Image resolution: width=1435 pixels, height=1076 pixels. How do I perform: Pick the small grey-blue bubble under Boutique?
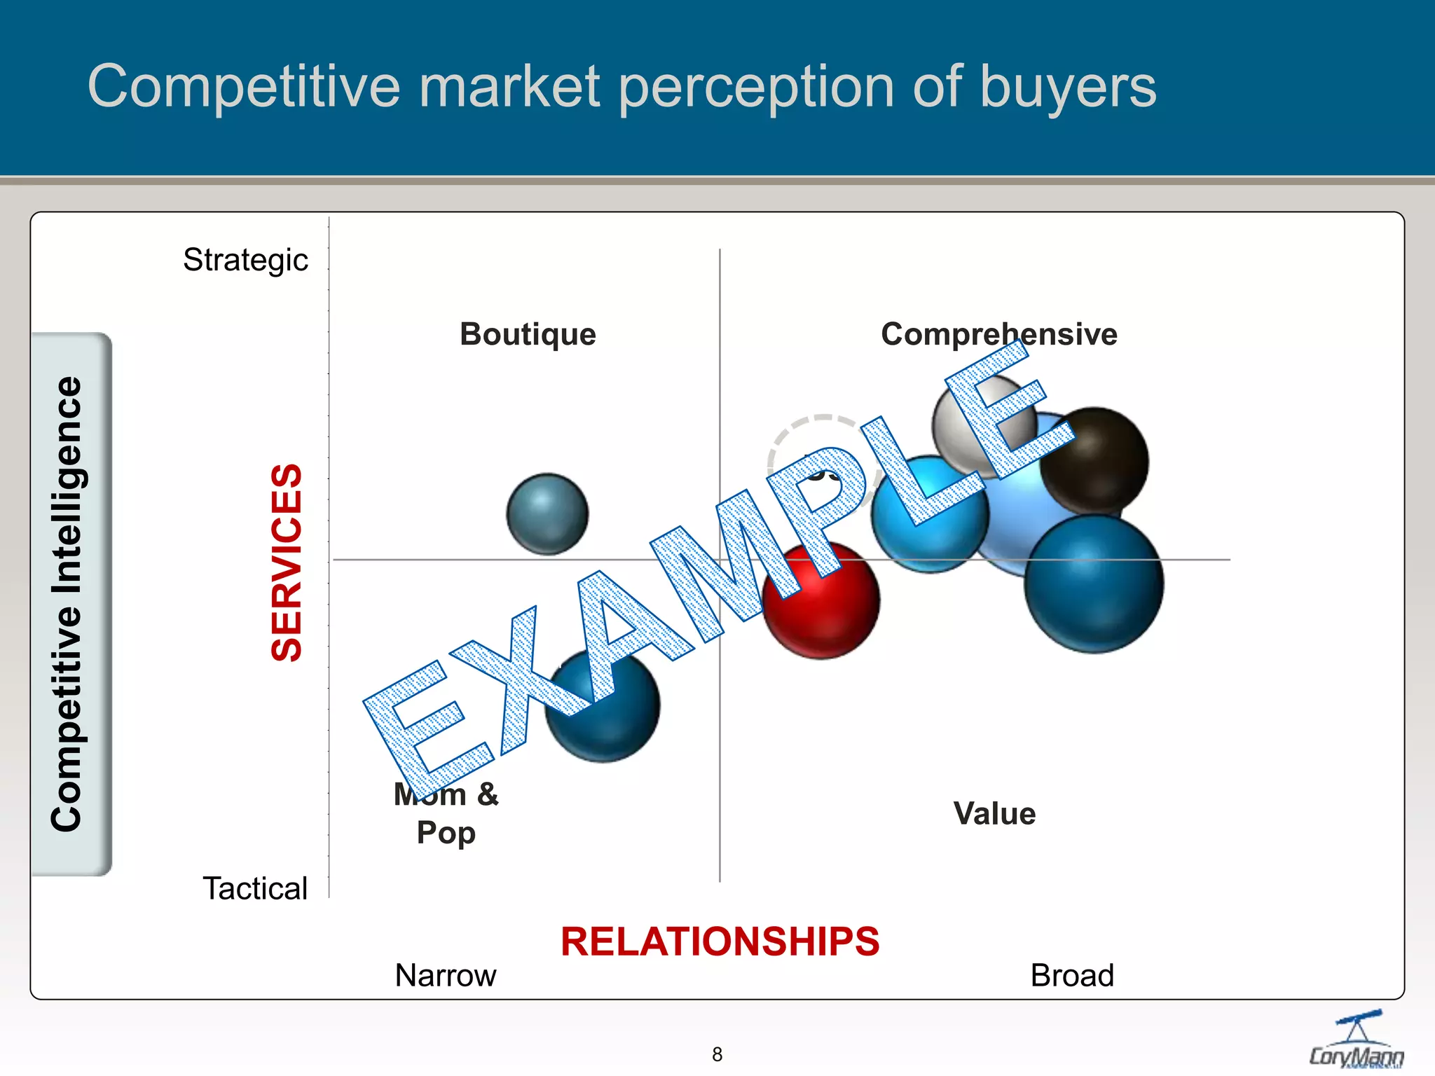(x=547, y=514)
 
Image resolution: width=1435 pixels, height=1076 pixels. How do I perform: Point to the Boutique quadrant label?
(x=528, y=334)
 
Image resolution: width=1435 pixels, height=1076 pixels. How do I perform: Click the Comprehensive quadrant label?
(x=998, y=334)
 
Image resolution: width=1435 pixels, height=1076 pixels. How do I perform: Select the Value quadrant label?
(x=994, y=814)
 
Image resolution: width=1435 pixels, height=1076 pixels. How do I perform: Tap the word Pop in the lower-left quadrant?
(x=446, y=833)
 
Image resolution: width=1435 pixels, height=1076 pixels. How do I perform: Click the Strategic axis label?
(x=245, y=260)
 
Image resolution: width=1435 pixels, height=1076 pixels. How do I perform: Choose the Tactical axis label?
(x=255, y=888)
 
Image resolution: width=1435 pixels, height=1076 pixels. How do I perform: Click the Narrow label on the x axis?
(x=446, y=975)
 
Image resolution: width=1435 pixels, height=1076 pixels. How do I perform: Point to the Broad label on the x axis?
(x=1072, y=975)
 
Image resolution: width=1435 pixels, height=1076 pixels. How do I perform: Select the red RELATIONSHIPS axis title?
(x=720, y=941)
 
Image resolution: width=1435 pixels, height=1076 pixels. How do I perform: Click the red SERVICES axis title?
(x=287, y=563)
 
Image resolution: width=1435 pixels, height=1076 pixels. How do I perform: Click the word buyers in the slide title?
(x=1068, y=87)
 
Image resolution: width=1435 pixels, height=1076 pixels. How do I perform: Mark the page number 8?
(x=717, y=1054)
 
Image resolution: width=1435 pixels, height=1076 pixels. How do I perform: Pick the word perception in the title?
(x=757, y=87)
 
